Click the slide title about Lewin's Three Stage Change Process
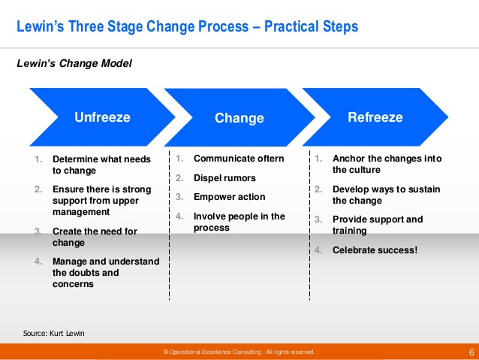[188, 27]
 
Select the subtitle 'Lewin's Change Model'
[74, 64]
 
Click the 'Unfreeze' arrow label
[102, 117]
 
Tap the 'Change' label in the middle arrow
[239, 118]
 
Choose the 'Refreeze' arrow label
[375, 117]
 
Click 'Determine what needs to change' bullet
[101, 165]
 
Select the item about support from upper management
[101, 201]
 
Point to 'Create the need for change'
[95, 237]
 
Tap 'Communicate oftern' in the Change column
[239, 159]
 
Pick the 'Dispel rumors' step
[224, 178]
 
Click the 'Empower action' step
[229, 197]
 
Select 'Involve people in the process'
[239, 222]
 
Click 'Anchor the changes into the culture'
[387, 165]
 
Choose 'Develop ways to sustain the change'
[386, 195]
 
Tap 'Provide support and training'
[378, 225]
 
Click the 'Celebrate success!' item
[375, 250]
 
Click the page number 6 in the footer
[471, 352]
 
